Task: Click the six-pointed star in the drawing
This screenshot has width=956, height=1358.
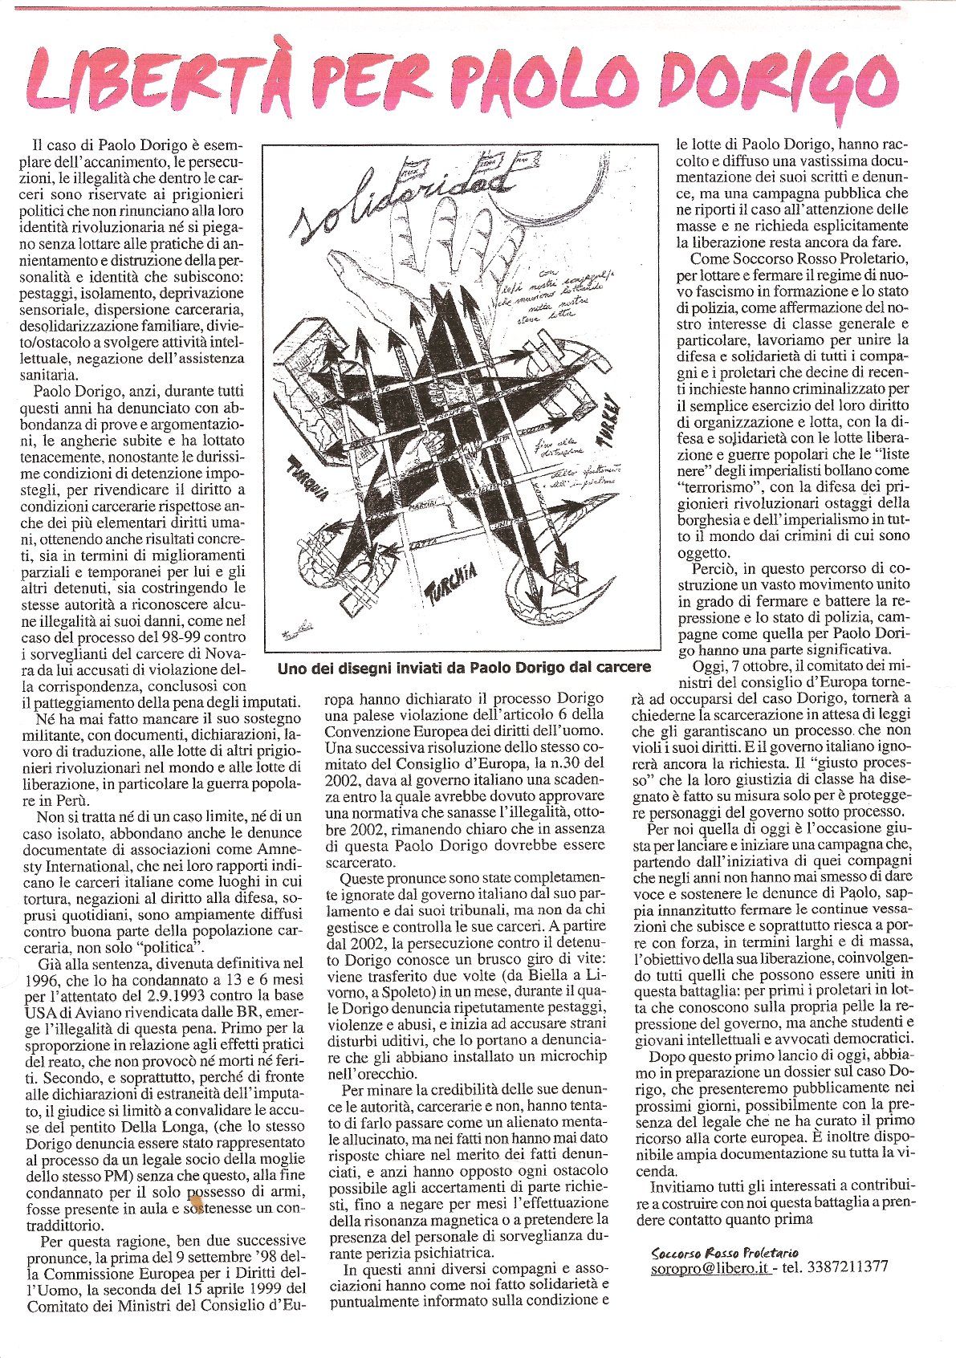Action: [561, 575]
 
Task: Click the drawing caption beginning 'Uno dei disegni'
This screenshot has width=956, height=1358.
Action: [463, 667]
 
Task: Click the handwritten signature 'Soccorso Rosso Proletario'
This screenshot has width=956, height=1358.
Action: [725, 1252]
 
